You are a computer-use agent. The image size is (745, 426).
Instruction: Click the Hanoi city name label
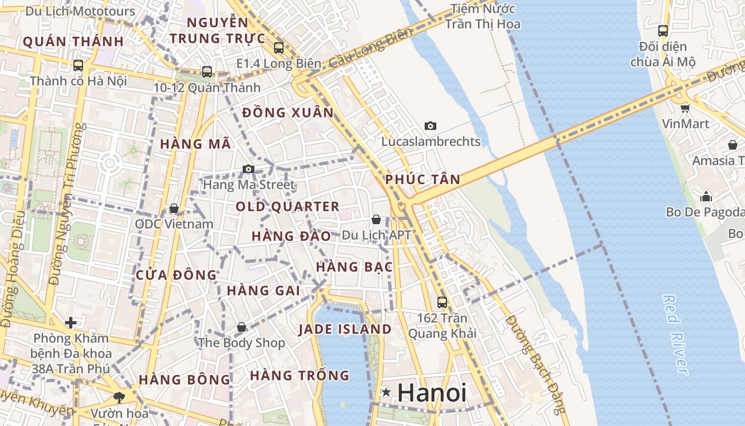(x=432, y=393)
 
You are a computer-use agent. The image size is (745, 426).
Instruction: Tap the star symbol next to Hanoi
(x=386, y=392)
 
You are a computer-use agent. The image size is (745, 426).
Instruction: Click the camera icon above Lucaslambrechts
(x=431, y=126)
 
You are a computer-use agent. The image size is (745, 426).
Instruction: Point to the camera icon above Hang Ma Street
(x=248, y=169)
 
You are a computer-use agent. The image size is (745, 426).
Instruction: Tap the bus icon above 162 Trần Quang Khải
(x=442, y=302)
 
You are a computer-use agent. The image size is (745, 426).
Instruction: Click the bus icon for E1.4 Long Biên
(x=279, y=48)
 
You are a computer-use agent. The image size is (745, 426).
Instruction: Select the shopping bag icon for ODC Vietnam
(x=173, y=208)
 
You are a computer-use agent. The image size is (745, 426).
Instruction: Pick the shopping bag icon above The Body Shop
(x=242, y=326)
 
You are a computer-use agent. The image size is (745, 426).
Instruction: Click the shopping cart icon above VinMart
(x=685, y=108)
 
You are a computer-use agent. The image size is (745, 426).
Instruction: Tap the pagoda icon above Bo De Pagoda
(x=706, y=196)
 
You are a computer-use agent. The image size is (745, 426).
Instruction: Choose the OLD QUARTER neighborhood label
(x=287, y=207)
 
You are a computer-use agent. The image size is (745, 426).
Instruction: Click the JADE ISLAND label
(x=345, y=329)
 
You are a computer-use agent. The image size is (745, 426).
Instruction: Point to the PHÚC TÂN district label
(x=423, y=179)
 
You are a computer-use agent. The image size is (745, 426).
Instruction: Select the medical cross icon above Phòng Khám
(x=71, y=323)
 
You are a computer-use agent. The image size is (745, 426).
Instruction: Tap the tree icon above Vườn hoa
(x=119, y=397)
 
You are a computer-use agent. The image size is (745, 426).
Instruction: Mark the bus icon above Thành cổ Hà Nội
(x=78, y=65)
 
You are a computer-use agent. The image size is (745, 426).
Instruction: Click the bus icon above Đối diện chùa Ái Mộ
(x=663, y=31)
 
